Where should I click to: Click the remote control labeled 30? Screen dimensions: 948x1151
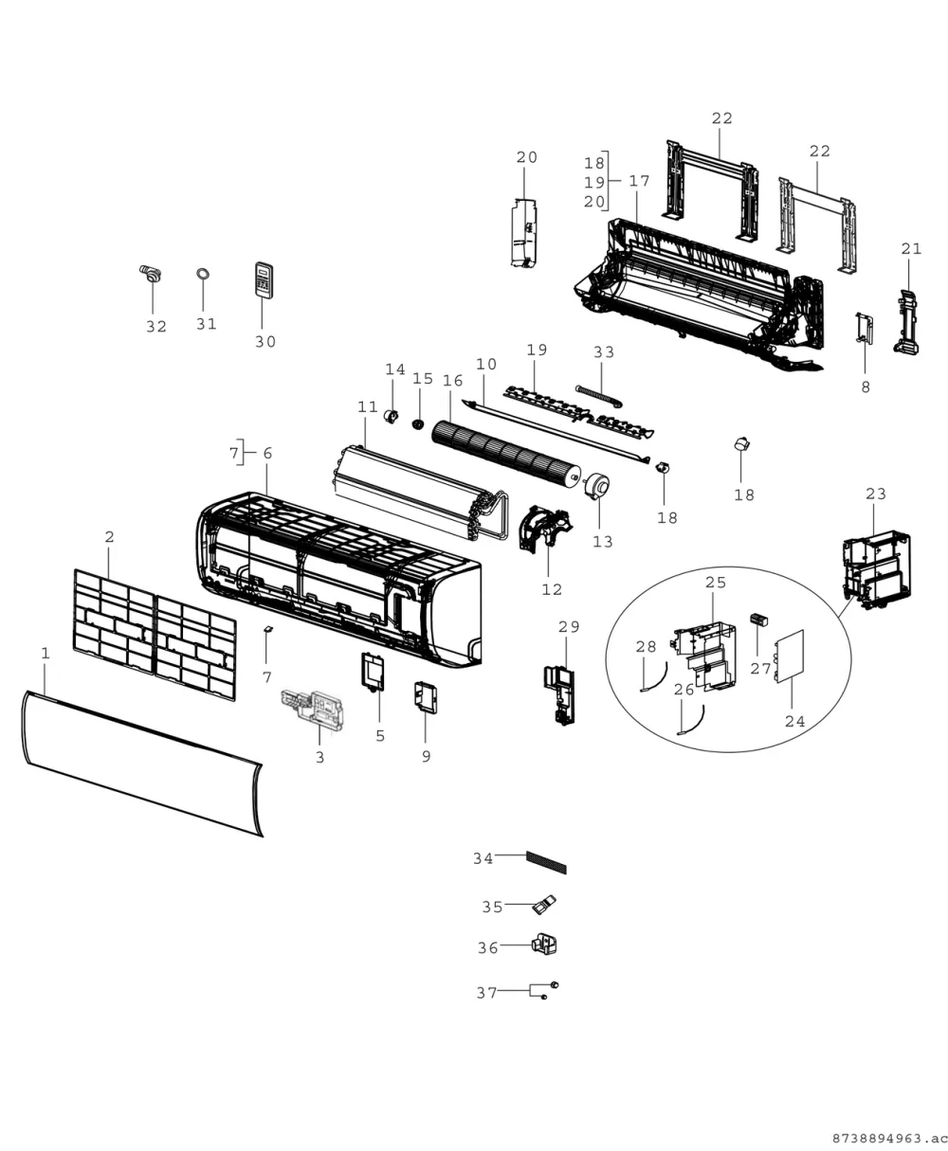264,280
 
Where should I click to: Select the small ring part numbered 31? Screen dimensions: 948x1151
203,274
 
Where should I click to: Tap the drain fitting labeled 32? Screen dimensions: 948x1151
150,273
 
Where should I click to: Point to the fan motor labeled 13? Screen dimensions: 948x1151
596,485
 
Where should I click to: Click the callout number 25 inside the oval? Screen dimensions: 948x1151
716,583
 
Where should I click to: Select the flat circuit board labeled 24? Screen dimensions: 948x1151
790,656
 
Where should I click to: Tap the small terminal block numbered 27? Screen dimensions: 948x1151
759,620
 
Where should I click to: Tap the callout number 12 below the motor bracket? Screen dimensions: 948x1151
552,589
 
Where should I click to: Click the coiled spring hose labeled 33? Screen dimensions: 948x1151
598,397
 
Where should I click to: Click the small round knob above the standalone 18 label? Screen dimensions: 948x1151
741,443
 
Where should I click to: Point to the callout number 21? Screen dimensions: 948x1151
911,249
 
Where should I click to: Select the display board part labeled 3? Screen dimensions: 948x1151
313,709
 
